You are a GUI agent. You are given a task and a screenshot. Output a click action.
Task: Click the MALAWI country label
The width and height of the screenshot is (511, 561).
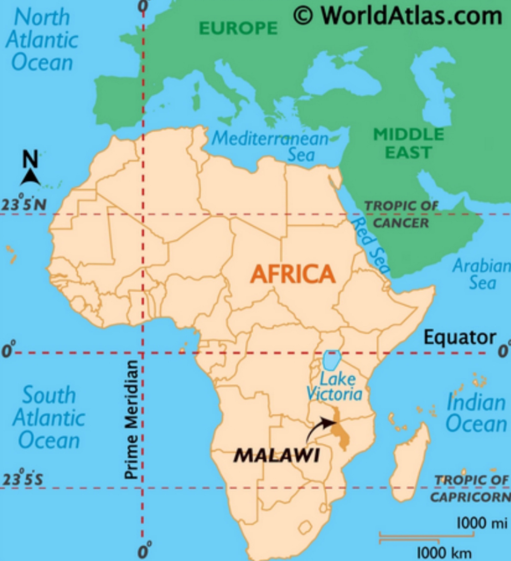[x=276, y=455]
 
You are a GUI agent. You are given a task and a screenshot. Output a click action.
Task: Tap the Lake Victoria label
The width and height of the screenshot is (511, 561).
[x=335, y=387]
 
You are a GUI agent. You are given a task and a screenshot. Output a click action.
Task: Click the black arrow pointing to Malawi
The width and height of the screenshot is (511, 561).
[x=320, y=428]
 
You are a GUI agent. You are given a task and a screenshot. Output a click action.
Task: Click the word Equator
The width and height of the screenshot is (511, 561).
[x=460, y=338]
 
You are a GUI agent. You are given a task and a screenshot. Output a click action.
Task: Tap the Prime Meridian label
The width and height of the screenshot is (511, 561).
[x=131, y=419]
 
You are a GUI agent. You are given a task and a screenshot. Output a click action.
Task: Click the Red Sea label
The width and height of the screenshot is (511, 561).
[x=370, y=246]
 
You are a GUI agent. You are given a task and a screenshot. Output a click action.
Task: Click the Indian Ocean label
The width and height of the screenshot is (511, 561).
[x=476, y=413]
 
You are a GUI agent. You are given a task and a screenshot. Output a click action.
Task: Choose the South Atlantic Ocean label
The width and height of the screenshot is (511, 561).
[x=49, y=417]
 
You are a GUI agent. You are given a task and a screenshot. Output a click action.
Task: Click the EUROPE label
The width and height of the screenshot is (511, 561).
[x=238, y=28]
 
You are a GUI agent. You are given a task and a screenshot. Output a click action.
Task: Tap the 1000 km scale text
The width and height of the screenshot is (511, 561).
[x=444, y=552]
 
